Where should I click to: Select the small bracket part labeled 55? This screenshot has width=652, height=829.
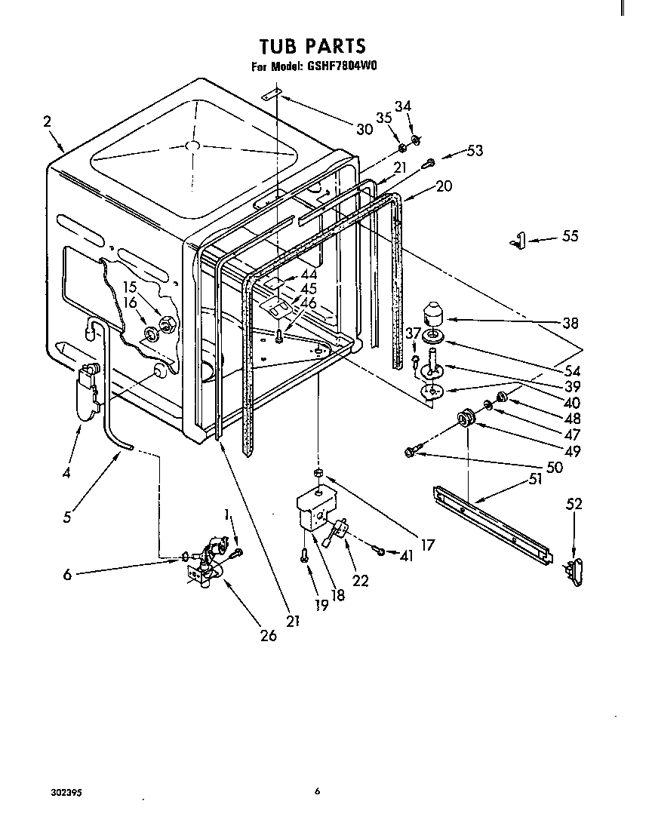(515, 241)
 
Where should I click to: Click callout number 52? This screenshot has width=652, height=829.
(574, 504)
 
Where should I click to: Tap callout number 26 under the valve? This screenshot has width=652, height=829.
(267, 635)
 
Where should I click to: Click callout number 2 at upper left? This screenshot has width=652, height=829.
(48, 121)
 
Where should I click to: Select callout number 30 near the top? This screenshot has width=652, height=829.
(364, 129)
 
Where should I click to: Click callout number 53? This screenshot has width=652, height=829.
(474, 151)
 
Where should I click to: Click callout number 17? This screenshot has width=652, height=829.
(428, 544)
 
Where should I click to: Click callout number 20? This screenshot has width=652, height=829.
(444, 186)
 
